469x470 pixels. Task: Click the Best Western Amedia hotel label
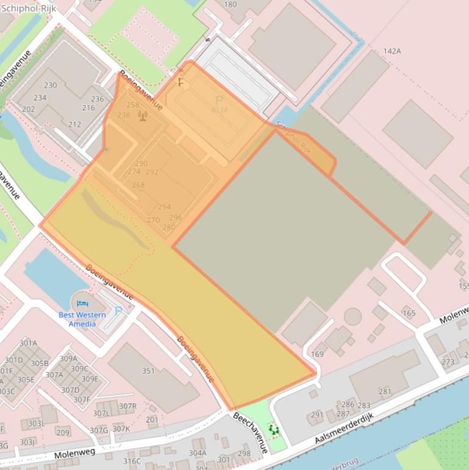tap(82, 319)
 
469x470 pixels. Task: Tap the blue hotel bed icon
tap(83, 303)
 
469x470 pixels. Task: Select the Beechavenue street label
tap(250, 432)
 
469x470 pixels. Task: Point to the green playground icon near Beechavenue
tap(274, 430)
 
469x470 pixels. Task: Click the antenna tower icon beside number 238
tap(143, 115)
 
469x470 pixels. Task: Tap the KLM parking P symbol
tap(219, 101)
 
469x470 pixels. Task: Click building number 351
tap(148, 371)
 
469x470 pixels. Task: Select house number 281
tap(385, 391)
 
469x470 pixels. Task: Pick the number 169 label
tap(317, 354)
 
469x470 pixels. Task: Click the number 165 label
tap(409, 313)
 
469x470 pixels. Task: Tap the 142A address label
tap(392, 51)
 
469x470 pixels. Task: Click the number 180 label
tap(231, 4)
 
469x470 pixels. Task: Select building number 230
tap(50, 85)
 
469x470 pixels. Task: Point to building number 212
tap(74, 125)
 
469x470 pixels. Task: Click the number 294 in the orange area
tap(164, 207)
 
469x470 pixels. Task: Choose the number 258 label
tap(132, 105)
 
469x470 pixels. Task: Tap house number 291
tap(317, 415)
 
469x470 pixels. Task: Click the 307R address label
tap(127, 406)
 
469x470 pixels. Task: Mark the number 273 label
tap(448, 362)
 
